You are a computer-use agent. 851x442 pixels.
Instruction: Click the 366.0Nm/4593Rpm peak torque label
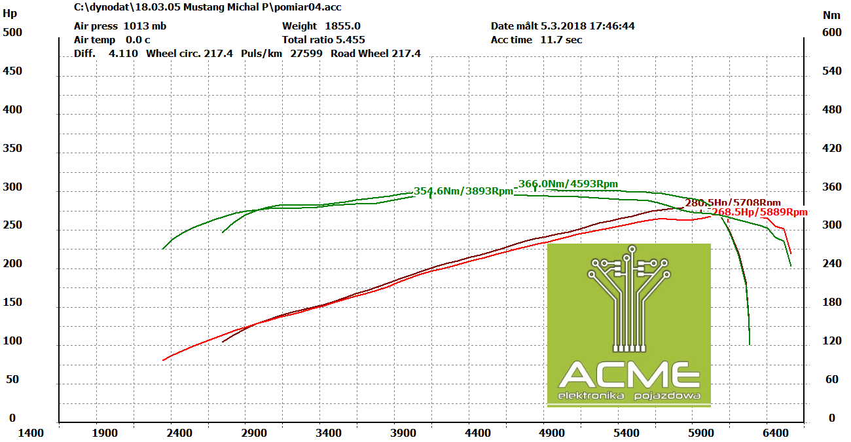568,184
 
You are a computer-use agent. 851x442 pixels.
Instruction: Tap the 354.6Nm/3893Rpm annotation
463,191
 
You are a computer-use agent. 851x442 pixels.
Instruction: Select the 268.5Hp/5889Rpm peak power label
759,212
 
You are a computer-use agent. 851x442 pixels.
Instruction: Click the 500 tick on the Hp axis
12,32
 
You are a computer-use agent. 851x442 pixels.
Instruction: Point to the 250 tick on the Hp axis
12,225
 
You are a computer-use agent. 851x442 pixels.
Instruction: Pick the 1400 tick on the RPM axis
31,433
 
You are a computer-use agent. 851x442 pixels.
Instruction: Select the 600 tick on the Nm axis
832,32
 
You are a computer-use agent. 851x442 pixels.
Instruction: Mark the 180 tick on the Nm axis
832,303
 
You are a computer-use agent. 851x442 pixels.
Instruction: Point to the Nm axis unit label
831,14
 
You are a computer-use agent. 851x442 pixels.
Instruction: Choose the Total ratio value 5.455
350,40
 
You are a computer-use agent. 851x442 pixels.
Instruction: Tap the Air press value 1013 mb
145,26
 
